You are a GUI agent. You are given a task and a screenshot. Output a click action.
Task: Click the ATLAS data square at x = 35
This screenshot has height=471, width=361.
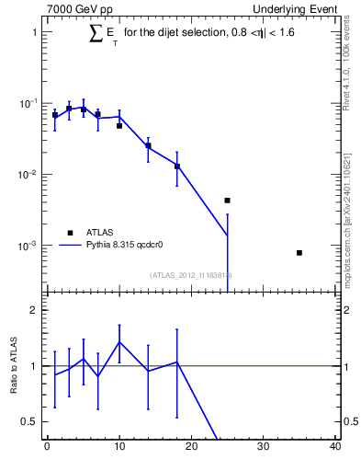[x=299, y=252]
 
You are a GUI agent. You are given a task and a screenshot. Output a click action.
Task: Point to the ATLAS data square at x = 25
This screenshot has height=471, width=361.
[x=227, y=200]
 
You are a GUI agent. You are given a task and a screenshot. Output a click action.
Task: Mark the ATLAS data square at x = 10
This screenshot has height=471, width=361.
[x=119, y=126]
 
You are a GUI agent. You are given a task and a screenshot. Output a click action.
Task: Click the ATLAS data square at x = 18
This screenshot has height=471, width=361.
[x=177, y=167]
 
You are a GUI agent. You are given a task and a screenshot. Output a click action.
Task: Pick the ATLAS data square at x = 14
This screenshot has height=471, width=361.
[x=148, y=145]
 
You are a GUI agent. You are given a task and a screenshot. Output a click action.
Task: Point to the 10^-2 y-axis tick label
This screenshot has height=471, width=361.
[x=28, y=175]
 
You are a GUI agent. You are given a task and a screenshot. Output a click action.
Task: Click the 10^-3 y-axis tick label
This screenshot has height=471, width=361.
[x=28, y=246]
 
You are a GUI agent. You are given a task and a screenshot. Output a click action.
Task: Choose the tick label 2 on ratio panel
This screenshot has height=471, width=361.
[x=33, y=310]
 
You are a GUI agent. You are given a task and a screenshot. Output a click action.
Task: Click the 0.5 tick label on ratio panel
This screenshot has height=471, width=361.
[x=28, y=421]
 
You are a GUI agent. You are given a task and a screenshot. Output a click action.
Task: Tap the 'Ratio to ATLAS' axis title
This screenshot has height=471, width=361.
[x=14, y=365]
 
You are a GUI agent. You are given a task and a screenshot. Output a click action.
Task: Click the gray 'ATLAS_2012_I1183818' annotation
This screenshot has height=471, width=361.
[x=190, y=274]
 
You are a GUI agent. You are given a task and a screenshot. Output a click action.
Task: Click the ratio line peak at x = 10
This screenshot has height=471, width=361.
[x=119, y=342]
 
